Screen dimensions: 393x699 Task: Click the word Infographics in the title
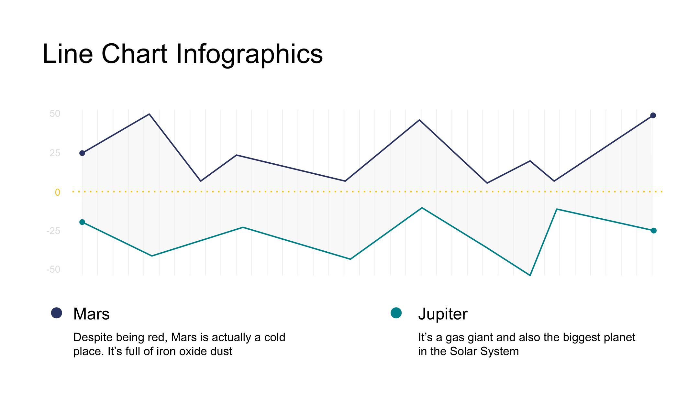[249, 54]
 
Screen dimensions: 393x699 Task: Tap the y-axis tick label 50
[55, 114]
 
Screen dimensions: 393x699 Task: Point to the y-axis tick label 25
[55, 153]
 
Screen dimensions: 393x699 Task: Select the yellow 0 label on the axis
[57, 192]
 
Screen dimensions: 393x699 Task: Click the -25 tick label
[53, 231]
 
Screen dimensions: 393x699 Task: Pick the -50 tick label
[53, 269]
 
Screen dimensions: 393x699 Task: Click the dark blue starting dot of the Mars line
[82, 153]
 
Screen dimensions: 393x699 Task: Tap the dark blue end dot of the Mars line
[653, 115]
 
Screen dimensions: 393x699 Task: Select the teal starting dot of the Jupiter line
[82, 222]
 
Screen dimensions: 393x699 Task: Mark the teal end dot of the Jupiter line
[654, 231]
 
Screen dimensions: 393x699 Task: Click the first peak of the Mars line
[149, 114]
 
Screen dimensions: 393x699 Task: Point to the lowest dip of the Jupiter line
[530, 275]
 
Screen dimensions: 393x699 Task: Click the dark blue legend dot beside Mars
[57, 313]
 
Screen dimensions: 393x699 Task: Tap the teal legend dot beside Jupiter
[396, 313]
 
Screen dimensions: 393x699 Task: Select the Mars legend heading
[92, 314]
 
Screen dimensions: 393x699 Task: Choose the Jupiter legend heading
[443, 314]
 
